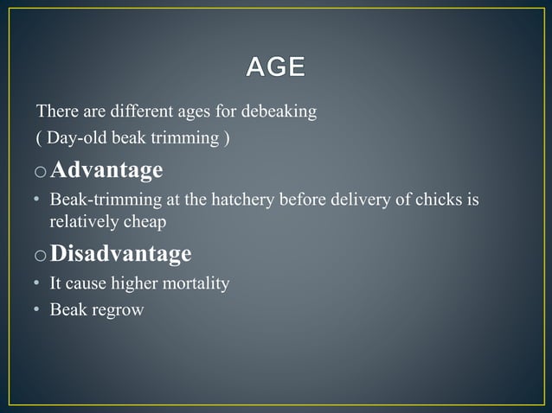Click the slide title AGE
pyautogui.click(x=275, y=67)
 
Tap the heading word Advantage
pyautogui.click(x=106, y=170)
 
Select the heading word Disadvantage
pyautogui.click(x=121, y=253)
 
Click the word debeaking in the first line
pyautogui.click(x=279, y=113)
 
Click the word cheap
pyautogui.click(x=144, y=221)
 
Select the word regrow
pyautogui.click(x=122, y=308)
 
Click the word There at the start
pyautogui.click(x=54, y=113)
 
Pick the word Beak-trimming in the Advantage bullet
pyautogui.click(x=96, y=200)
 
